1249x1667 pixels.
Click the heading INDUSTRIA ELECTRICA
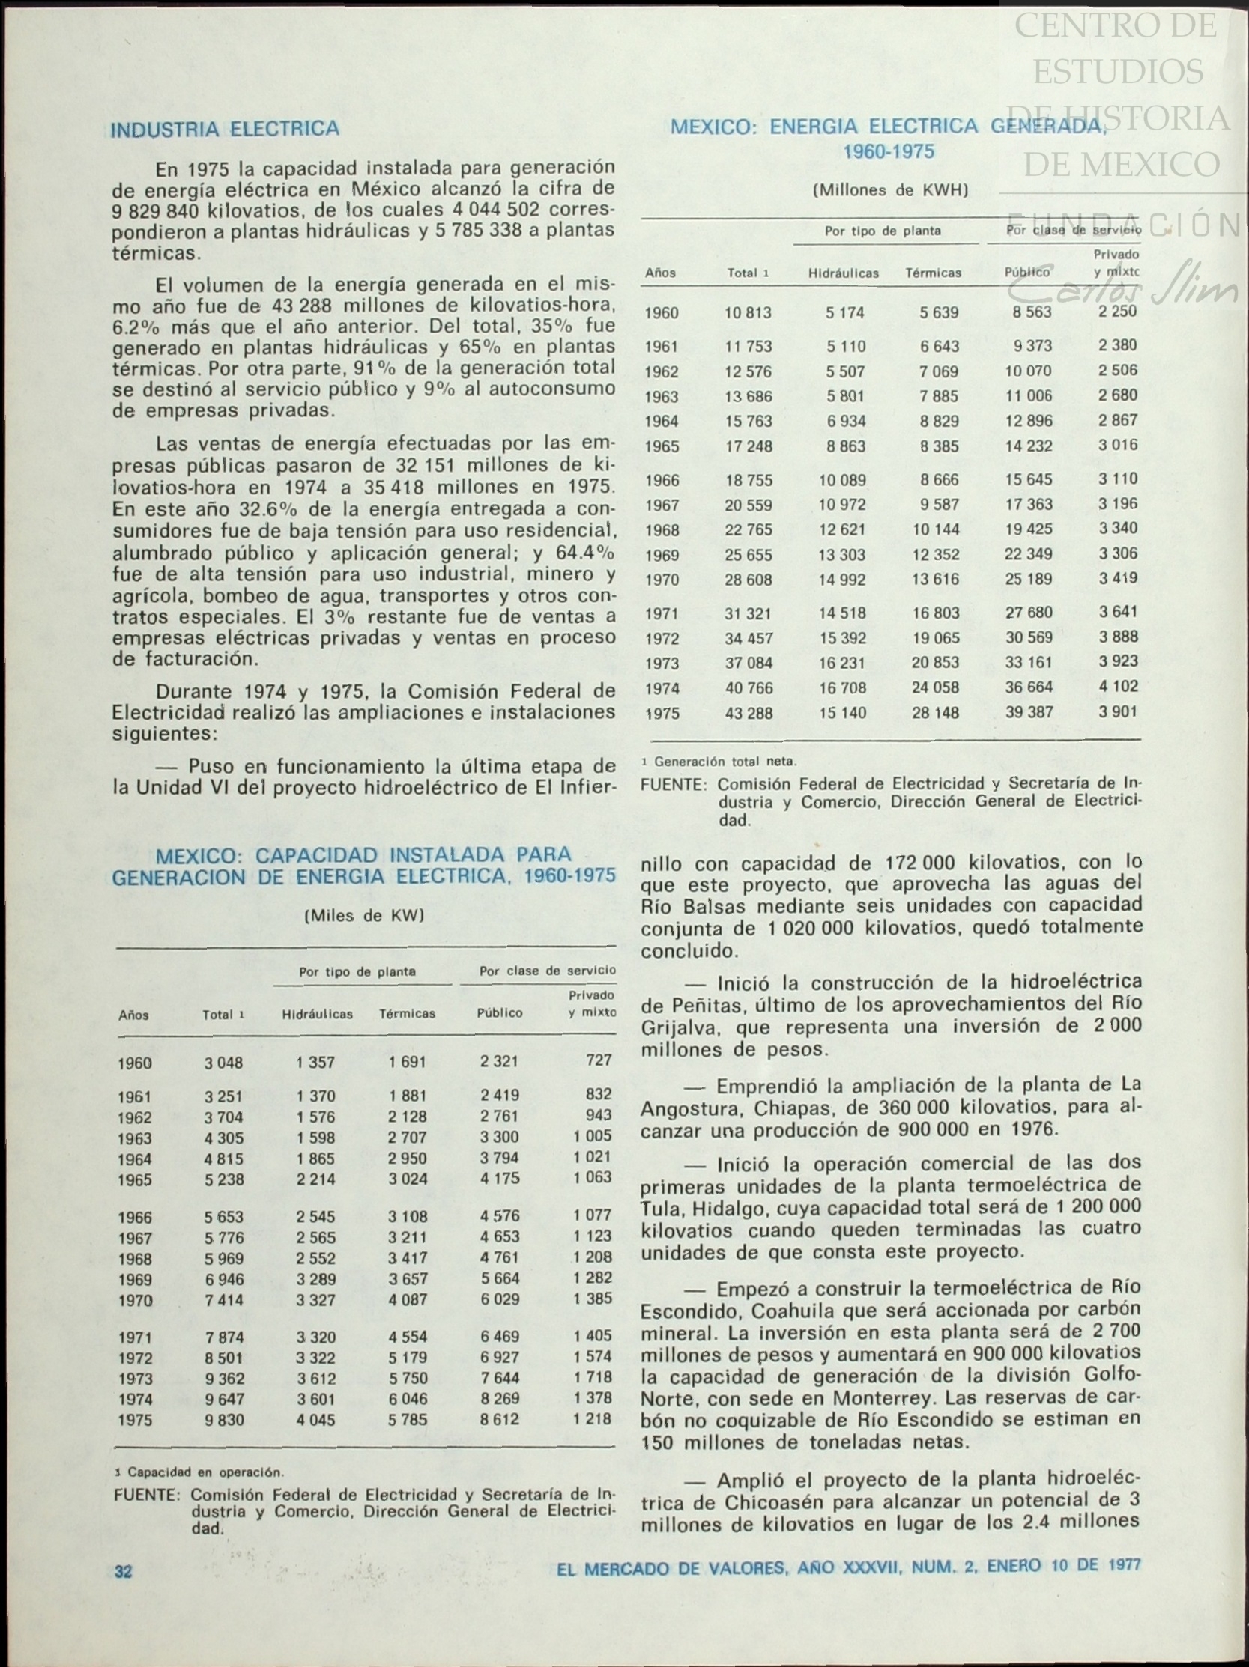[x=225, y=130]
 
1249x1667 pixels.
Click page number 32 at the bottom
[x=123, y=1571]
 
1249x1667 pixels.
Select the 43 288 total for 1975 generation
[x=749, y=713]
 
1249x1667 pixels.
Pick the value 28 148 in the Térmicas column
[x=935, y=713]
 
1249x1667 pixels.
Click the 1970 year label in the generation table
[x=661, y=580]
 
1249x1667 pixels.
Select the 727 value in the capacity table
[x=599, y=1060]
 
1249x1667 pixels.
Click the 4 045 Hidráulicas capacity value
[x=316, y=1421]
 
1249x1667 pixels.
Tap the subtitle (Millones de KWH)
[x=889, y=191]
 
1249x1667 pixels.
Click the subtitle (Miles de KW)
[x=364, y=917]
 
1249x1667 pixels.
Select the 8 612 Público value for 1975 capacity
[x=500, y=1421]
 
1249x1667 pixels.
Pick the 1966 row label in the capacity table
[x=135, y=1217]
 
